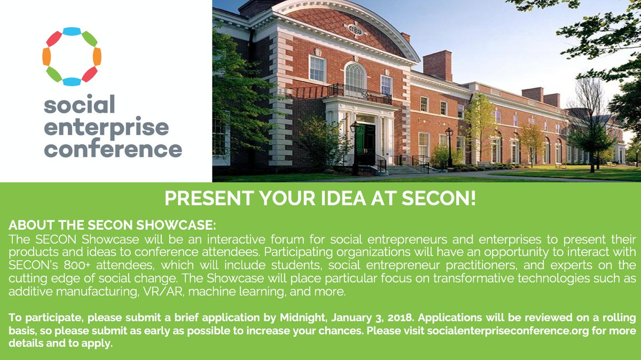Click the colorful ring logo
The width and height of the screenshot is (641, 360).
click(x=72, y=57)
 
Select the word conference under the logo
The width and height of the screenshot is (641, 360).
click(x=113, y=147)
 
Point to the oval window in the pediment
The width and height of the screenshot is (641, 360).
click(x=355, y=29)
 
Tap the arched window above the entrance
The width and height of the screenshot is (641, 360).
click(x=355, y=76)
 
